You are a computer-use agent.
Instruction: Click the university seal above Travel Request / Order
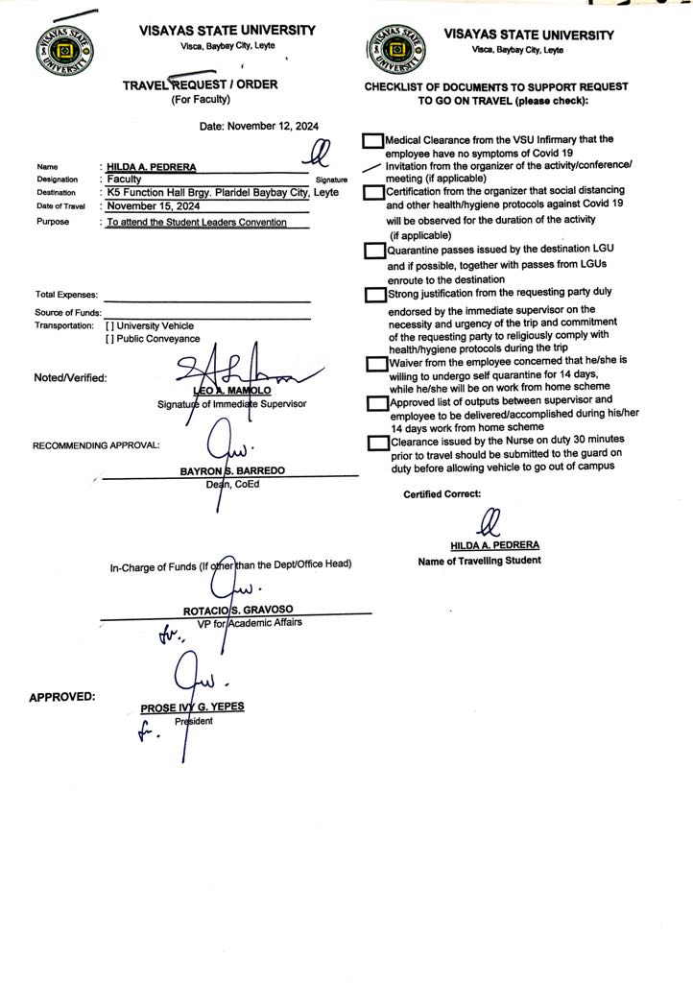pos(66,51)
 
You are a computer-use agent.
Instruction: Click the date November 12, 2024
pos(259,126)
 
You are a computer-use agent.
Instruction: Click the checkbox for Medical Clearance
pos(373,140)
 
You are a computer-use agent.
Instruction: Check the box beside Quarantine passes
pos(374,252)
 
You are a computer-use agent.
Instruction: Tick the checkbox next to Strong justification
pos(374,294)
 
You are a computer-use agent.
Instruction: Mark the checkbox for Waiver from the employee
pos(377,365)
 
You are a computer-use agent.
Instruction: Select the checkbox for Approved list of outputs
pos(377,403)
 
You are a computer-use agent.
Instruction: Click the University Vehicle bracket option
pos(109,326)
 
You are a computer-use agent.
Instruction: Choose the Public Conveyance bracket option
pos(109,339)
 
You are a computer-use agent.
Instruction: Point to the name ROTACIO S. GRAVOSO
pos(237,611)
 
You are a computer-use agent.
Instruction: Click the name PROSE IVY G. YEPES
pos(192,707)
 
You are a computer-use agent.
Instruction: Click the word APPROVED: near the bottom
pos(62,697)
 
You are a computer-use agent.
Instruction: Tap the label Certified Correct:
pos(442,494)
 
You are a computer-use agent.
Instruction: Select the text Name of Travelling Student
pos(479,561)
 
